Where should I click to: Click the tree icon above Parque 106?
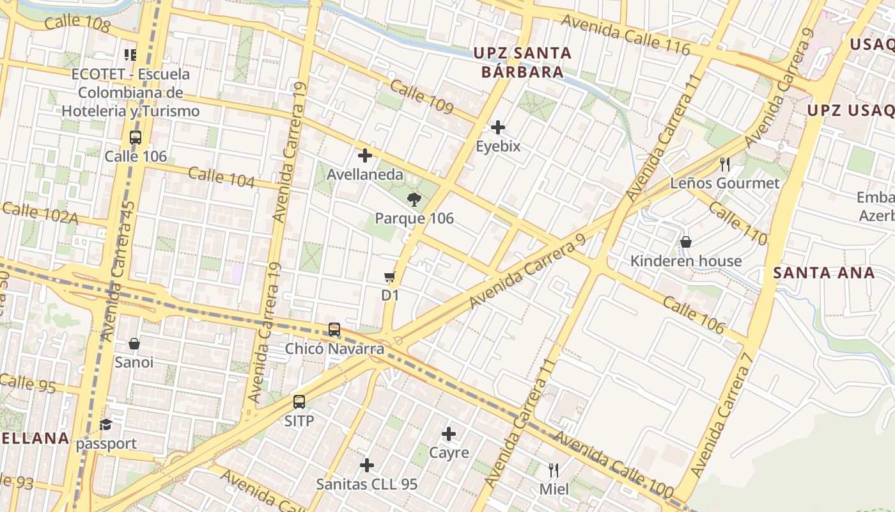click(414, 199)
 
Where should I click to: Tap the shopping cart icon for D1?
click(389, 277)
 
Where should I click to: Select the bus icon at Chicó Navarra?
click(334, 330)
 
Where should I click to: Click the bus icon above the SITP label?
click(299, 402)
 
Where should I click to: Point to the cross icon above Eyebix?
click(498, 127)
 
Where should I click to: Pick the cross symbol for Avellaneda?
click(364, 156)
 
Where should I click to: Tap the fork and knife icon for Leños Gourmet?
click(724, 164)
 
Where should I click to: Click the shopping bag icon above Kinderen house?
click(685, 242)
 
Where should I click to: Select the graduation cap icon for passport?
click(105, 424)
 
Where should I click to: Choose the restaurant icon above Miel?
click(554, 470)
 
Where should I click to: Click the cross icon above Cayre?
click(449, 434)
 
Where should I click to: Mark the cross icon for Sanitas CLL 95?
click(366, 465)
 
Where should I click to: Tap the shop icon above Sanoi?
click(134, 344)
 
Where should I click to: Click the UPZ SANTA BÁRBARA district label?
click(522, 62)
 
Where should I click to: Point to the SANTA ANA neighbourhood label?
click(823, 273)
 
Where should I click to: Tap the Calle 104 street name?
click(221, 177)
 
